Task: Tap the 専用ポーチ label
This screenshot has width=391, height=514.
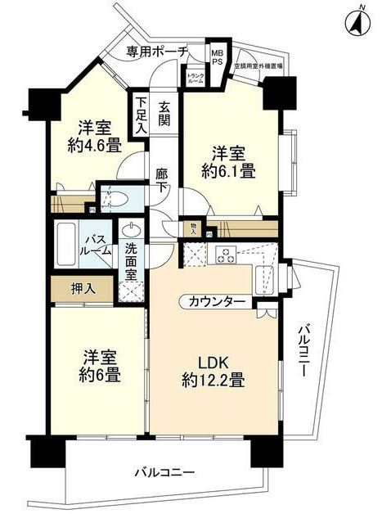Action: pyautogui.click(x=157, y=52)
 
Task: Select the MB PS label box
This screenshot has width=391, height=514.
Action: pyautogui.click(x=218, y=55)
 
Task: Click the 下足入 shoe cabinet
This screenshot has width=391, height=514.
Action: pyautogui.click(x=142, y=115)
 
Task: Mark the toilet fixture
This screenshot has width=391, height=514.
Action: pyautogui.click(x=115, y=198)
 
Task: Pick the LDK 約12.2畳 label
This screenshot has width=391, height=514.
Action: pyautogui.click(x=214, y=370)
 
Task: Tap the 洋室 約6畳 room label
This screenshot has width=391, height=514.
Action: pyautogui.click(x=101, y=367)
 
